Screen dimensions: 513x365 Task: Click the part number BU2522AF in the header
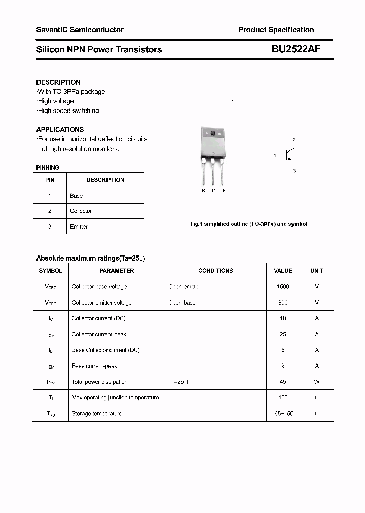tap(296, 49)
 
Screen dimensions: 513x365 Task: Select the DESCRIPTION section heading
tap(58, 82)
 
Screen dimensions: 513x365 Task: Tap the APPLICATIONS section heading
tap(60, 129)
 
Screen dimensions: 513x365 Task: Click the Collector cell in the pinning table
tap(81, 211)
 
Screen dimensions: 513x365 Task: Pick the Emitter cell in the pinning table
tap(79, 227)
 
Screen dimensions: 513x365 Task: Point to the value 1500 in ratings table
tap(283, 287)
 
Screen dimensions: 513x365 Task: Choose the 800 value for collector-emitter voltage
tap(283, 303)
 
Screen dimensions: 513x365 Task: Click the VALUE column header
tap(283, 271)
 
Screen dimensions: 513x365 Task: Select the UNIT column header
tap(317, 271)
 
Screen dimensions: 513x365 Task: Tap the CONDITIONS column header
tap(215, 271)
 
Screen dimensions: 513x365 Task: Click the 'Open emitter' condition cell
tap(185, 287)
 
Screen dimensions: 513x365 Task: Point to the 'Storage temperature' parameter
tap(97, 414)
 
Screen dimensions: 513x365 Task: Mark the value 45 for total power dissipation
tap(283, 382)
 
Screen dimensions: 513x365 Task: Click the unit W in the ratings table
tap(317, 382)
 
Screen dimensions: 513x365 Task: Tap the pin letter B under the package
tap(203, 190)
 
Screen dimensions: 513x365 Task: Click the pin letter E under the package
tap(224, 190)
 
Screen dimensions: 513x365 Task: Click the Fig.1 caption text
tap(248, 224)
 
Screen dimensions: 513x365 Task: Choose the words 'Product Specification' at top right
tap(276, 30)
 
